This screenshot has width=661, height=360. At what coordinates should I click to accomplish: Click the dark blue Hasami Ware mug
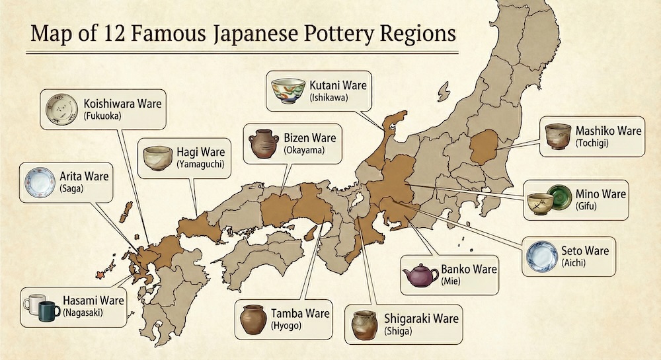tap(48, 310)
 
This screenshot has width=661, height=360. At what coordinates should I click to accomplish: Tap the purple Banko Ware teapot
tap(420, 275)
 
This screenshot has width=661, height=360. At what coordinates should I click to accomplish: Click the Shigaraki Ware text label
tap(420, 319)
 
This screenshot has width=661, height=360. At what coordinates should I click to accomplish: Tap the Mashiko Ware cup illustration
tap(558, 136)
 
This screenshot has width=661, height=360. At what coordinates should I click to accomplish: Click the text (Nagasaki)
tap(83, 312)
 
